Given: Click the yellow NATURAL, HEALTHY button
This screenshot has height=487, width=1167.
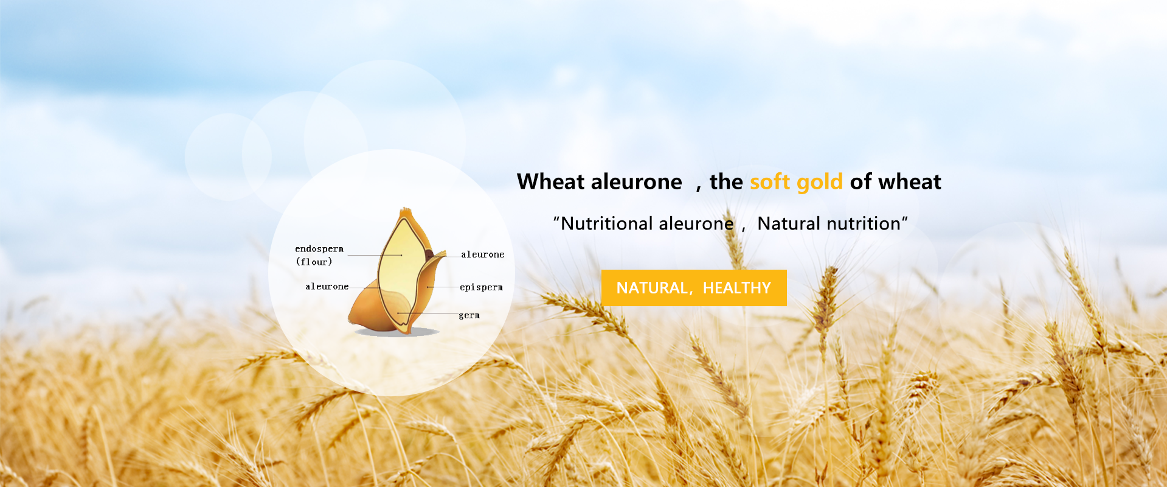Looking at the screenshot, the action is tap(694, 288).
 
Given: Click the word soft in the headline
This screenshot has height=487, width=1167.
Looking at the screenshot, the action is tap(770, 181).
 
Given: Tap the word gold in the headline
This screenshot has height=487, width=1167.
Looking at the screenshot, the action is tap(820, 182).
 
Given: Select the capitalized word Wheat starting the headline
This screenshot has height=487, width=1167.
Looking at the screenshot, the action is tap(551, 181).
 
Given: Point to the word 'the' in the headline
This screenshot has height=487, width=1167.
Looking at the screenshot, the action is tap(726, 181).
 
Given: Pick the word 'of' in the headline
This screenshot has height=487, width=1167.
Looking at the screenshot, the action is tap(861, 181).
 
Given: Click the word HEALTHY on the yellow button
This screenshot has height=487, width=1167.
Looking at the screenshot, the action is tap(737, 288).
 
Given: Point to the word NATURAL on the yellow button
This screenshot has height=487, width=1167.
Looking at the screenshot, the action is tap(651, 288).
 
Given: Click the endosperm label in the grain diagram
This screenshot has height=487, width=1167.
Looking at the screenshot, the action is tap(319, 249).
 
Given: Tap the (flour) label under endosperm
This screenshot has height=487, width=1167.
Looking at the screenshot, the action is tap(314, 262).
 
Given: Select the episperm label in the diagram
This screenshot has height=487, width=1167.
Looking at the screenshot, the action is tap(481, 287).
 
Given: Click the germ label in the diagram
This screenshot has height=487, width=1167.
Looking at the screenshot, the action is tap(469, 315).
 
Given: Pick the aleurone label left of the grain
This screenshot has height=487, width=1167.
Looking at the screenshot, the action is tap(327, 286).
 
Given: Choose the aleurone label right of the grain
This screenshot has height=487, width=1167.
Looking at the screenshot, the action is tap(483, 254).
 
